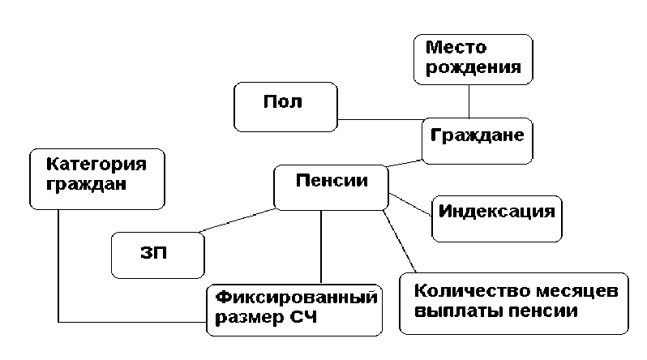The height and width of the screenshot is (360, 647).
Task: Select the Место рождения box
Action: click(x=473, y=58)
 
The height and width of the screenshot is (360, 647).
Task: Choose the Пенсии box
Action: click(x=331, y=188)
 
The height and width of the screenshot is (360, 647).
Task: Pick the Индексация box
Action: click(x=496, y=217)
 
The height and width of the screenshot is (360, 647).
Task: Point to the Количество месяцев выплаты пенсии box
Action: click(x=514, y=303)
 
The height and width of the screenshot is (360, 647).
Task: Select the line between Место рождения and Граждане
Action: click(x=469, y=101)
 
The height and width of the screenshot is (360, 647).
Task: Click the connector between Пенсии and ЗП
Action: click(x=240, y=221)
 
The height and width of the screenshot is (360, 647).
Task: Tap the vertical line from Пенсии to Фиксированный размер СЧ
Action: click(x=323, y=246)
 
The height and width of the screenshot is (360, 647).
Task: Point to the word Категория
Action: click(x=96, y=165)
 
